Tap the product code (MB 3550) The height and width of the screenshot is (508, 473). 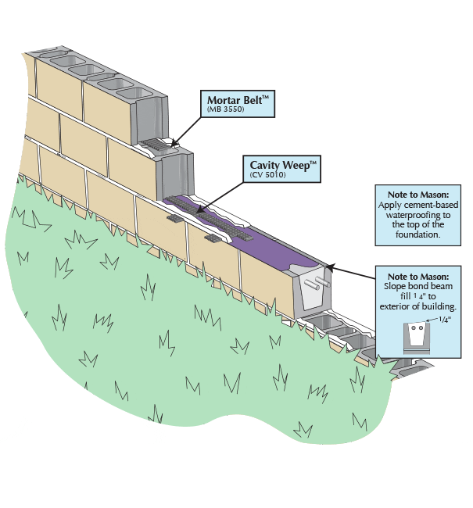click(x=225, y=110)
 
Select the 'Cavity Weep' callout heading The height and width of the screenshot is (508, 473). click(x=284, y=165)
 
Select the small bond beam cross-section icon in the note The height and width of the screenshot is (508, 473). click(x=414, y=336)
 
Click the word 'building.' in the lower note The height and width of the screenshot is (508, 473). click(x=435, y=307)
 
